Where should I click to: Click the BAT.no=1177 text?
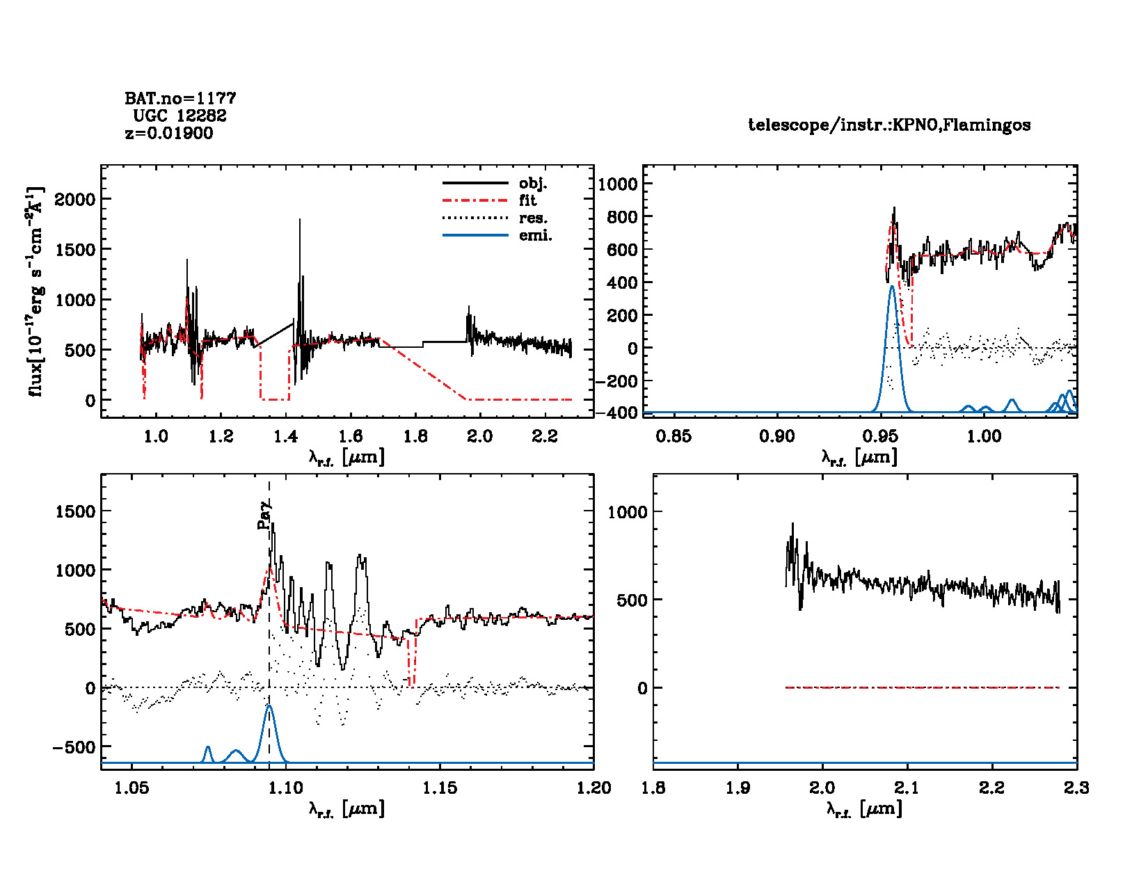(180, 98)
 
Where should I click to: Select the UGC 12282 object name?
(180, 115)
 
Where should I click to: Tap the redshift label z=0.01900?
(169, 133)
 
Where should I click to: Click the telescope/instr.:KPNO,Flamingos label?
(889, 125)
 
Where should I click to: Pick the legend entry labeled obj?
(533, 184)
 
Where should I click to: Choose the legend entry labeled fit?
(528, 200)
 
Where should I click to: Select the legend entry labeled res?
(533, 218)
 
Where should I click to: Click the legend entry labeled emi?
(535, 235)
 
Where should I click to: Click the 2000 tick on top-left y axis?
(74, 200)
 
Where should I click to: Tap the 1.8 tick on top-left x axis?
(415, 436)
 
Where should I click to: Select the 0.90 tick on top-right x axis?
(777, 436)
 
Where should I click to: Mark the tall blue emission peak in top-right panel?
(892, 287)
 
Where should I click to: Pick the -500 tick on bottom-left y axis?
(74, 747)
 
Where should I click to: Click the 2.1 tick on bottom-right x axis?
(907, 788)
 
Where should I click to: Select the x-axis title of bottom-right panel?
(864, 808)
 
